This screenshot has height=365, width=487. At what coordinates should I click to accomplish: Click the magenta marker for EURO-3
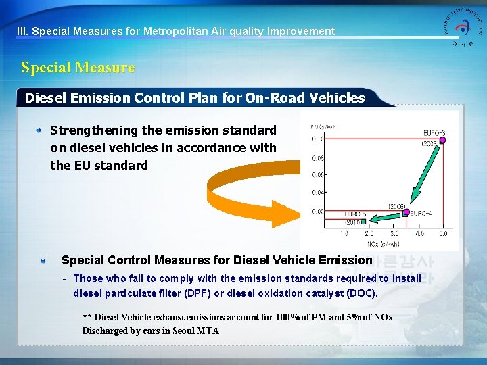coord(443,140)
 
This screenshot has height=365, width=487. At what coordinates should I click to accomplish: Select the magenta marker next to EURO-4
coord(406,212)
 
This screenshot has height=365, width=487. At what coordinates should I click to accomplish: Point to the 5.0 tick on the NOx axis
coord(442,233)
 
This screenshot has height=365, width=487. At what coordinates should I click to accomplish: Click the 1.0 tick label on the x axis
coord(344,233)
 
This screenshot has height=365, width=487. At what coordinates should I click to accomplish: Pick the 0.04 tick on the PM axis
coord(317,193)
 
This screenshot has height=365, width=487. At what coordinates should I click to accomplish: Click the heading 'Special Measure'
coord(78,68)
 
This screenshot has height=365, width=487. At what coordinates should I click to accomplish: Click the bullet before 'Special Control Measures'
coord(43,261)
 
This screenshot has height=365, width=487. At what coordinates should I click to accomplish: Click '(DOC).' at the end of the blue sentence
coord(362,293)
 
